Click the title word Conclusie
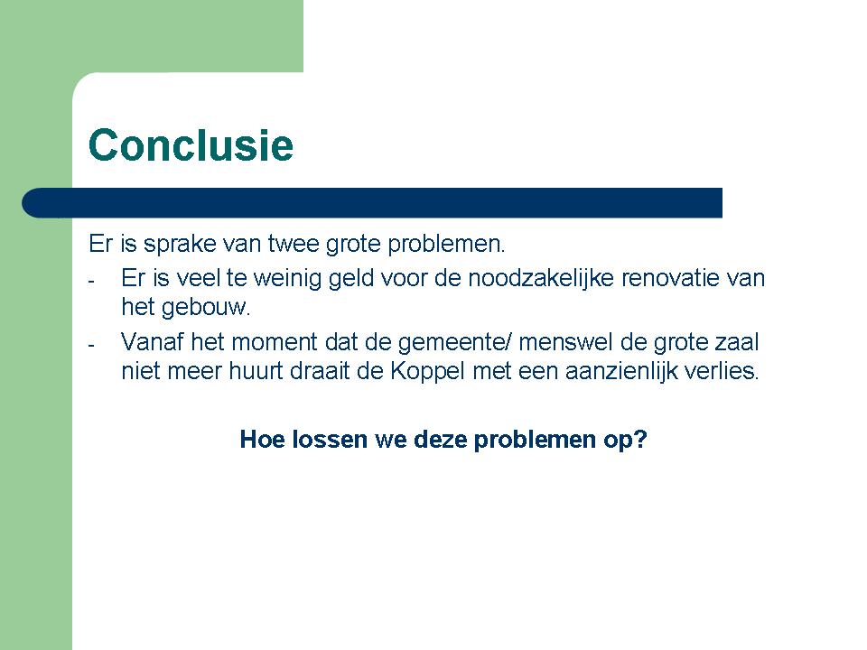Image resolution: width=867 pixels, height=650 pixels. (191, 144)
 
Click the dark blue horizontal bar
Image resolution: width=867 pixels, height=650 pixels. (372, 203)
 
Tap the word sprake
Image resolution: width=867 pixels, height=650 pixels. (180, 245)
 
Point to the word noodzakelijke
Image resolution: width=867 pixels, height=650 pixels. (541, 279)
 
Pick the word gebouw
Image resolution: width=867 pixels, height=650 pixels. (206, 308)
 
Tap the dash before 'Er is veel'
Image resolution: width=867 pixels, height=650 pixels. (91, 282)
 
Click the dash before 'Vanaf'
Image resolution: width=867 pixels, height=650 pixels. (91, 346)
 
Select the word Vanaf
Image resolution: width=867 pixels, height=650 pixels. (152, 342)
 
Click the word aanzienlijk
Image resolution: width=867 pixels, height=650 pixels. (621, 372)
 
